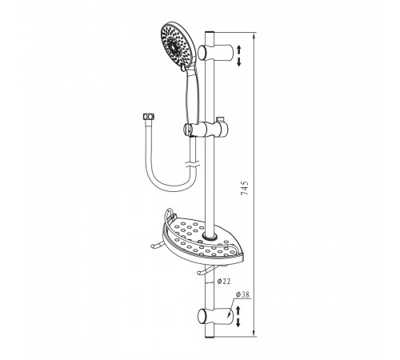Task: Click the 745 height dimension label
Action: (x=244, y=188)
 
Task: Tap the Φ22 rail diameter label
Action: (x=224, y=281)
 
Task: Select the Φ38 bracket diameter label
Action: (x=242, y=294)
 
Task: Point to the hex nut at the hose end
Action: (x=149, y=117)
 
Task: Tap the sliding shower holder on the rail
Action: (x=206, y=129)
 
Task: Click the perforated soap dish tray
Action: (x=202, y=238)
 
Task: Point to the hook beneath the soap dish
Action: (x=210, y=270)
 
